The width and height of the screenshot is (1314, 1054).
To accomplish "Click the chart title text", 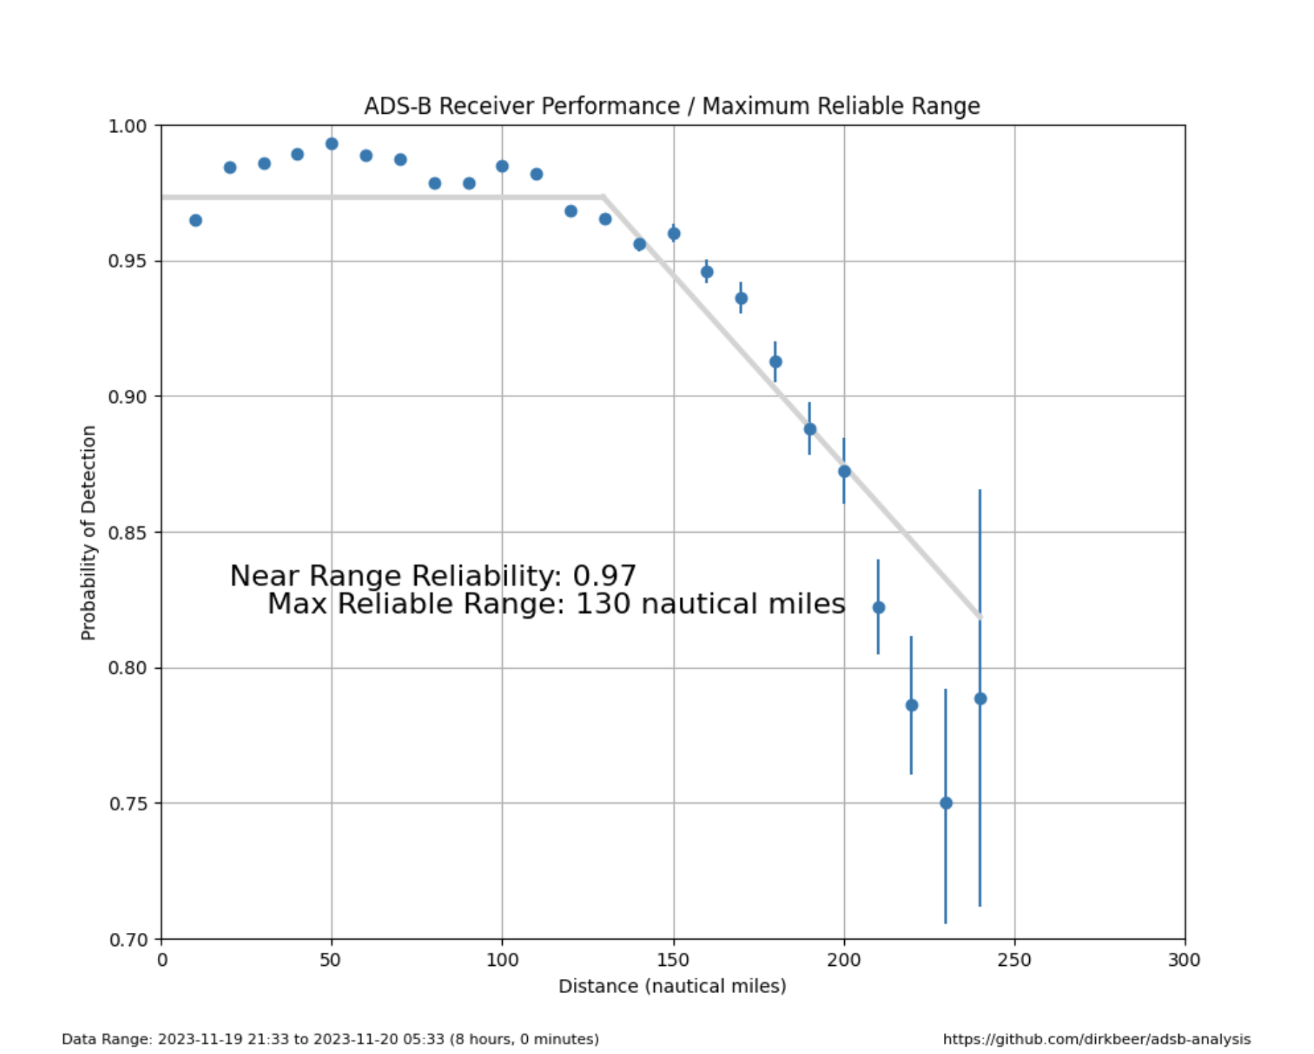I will (672, 106).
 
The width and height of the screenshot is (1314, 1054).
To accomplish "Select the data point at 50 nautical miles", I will (332, 144).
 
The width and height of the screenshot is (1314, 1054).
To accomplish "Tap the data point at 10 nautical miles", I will (195, 220).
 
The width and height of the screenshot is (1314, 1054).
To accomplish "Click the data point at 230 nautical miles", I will (946, 803).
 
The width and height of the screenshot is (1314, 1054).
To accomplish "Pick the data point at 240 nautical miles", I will (980, 699).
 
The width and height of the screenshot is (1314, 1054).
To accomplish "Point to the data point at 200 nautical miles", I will (844, 471).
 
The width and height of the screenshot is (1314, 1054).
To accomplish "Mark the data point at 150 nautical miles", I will (674, 233).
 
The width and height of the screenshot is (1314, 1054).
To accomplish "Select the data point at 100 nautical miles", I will (502, 167).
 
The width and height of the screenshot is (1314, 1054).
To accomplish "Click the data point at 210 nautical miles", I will (879, 608).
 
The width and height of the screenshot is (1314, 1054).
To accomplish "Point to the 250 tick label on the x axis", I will (1014, 960).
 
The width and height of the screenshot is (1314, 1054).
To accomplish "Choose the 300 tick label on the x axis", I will (1184, 960).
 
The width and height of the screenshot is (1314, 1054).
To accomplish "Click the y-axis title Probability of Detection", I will (89, 532).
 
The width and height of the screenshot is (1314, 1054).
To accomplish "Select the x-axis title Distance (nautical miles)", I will (672, 986).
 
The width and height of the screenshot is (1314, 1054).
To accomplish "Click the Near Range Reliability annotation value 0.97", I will (604, 576).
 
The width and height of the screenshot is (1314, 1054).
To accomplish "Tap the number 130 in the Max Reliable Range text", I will (603, 604).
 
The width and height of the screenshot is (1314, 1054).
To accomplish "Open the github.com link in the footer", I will (1096, 1039).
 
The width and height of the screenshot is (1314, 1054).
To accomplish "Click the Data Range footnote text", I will (330, 1039).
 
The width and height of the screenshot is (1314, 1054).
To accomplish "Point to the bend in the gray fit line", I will (603, 197).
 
